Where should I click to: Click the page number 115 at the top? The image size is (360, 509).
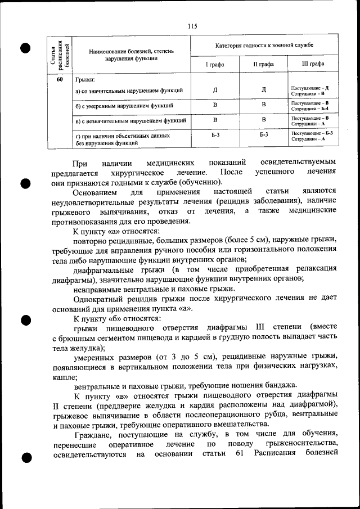tap(192, 25)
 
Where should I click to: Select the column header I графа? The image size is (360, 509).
tap(214, 64)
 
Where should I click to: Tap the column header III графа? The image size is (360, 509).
tap(313, 64)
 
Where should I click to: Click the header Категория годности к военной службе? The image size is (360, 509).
tap(264, 44)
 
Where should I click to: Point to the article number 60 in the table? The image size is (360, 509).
tap(60, 79)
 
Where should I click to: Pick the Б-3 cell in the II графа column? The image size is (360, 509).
tap(264, 135)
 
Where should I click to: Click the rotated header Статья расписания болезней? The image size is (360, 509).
tap(60, 53)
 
